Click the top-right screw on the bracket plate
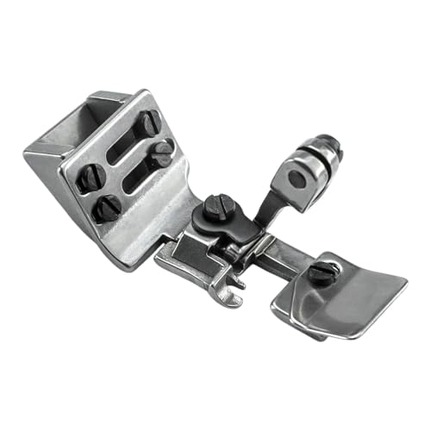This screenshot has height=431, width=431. [x=148, y=122]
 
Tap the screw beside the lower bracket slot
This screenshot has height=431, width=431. [x=162, y=153]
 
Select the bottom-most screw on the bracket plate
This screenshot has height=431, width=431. [x=108, y=207]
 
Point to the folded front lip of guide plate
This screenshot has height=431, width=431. [x=297, y=310]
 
